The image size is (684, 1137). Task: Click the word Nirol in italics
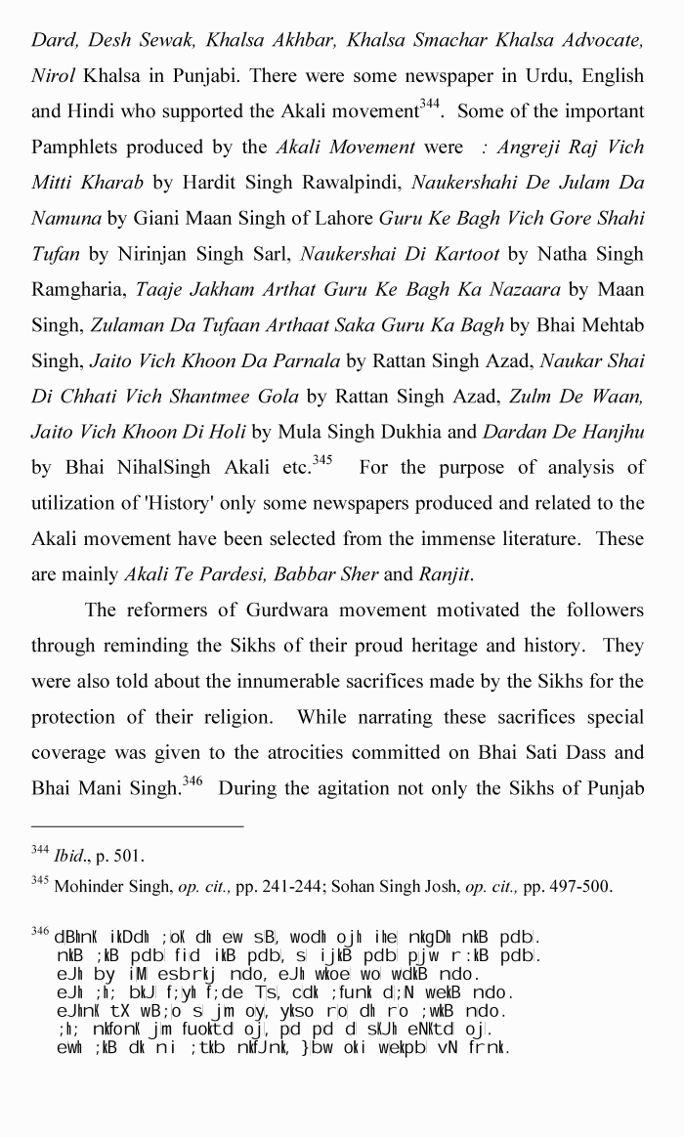coord(53,75)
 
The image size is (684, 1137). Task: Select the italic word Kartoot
coord(463,255)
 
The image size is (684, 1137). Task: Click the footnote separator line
coord(137,826)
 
